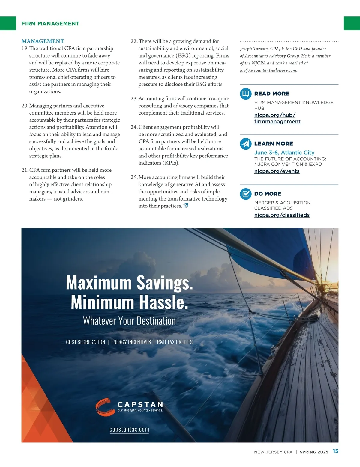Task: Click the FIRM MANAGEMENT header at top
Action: [x=50, y=24]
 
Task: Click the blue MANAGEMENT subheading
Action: [x=43, y=41]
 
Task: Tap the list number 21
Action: [x=25, y=170]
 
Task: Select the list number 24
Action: [x=134, y=127]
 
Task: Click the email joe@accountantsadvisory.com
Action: [x=268, y=70]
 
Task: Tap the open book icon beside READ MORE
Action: [x=246, y=94]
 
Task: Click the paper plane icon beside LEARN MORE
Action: [x=246, y=144]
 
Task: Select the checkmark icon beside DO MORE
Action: [x=246, y=194]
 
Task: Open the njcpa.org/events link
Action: [x=277, y=171]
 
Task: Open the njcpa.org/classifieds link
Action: [x=282, y=215]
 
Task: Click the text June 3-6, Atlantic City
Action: [x=284, y=153]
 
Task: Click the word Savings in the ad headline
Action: [x=164, y=282]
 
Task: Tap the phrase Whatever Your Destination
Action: [x=129, y=321]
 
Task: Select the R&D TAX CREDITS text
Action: [x=175, y=342]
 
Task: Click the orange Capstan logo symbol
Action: [x=105, y=406]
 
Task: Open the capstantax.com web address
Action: [x=129, y=429]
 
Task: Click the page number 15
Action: [x=335, y=451]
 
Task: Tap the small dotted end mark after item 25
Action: [x=186, y=206]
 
